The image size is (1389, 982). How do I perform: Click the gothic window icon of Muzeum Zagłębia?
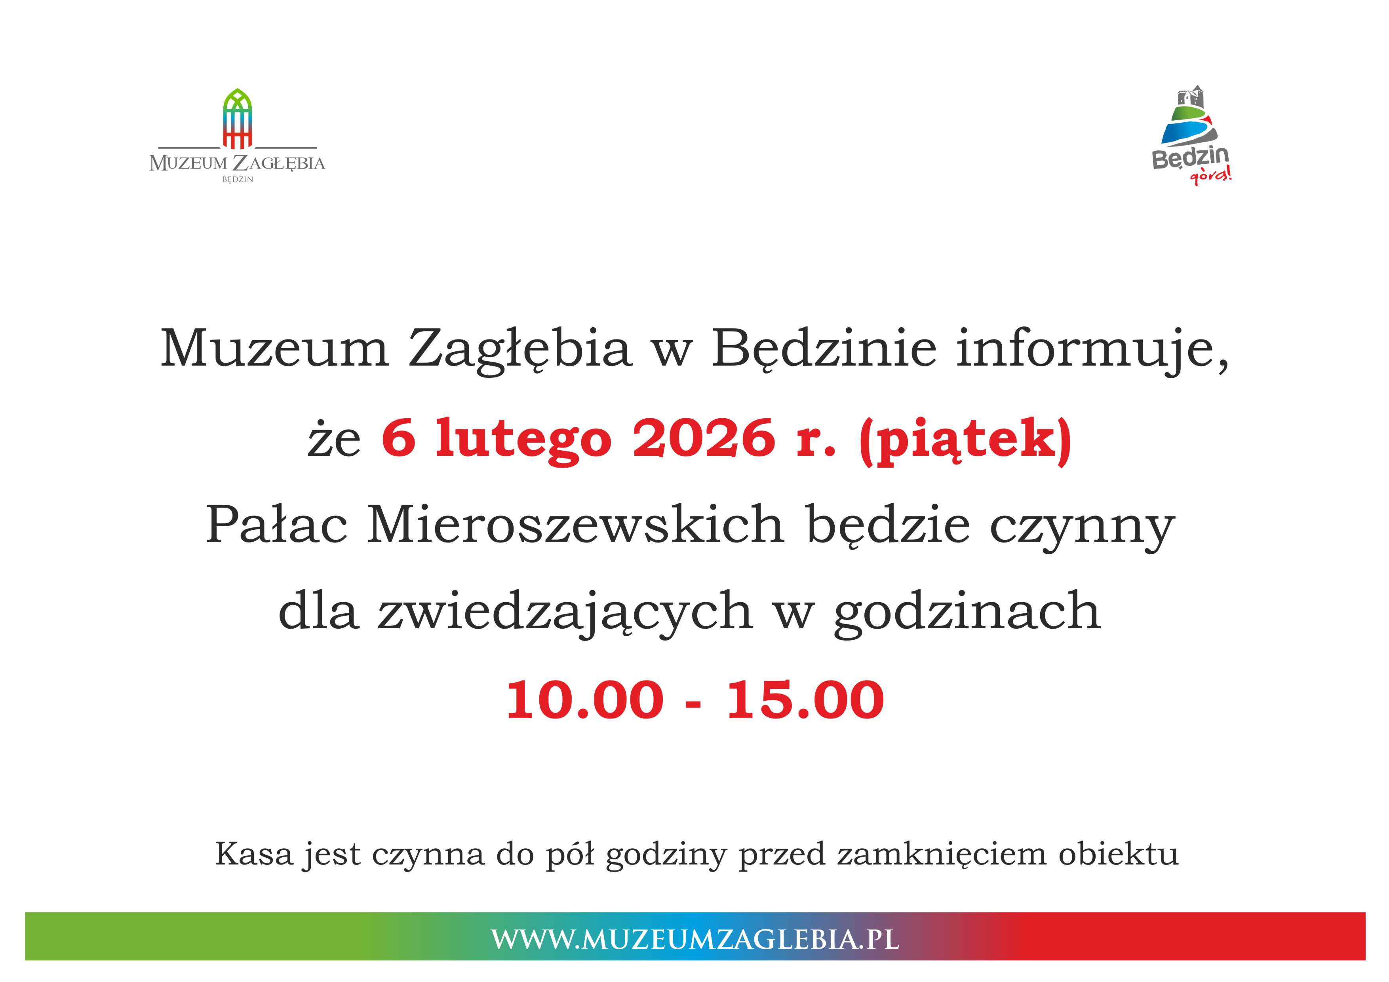point(237,119)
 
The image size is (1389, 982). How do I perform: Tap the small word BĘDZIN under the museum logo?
point(238,180)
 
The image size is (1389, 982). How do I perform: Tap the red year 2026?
point(704,438)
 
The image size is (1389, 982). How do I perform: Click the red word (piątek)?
point(965,442)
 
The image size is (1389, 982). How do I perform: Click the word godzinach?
point(967,612)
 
